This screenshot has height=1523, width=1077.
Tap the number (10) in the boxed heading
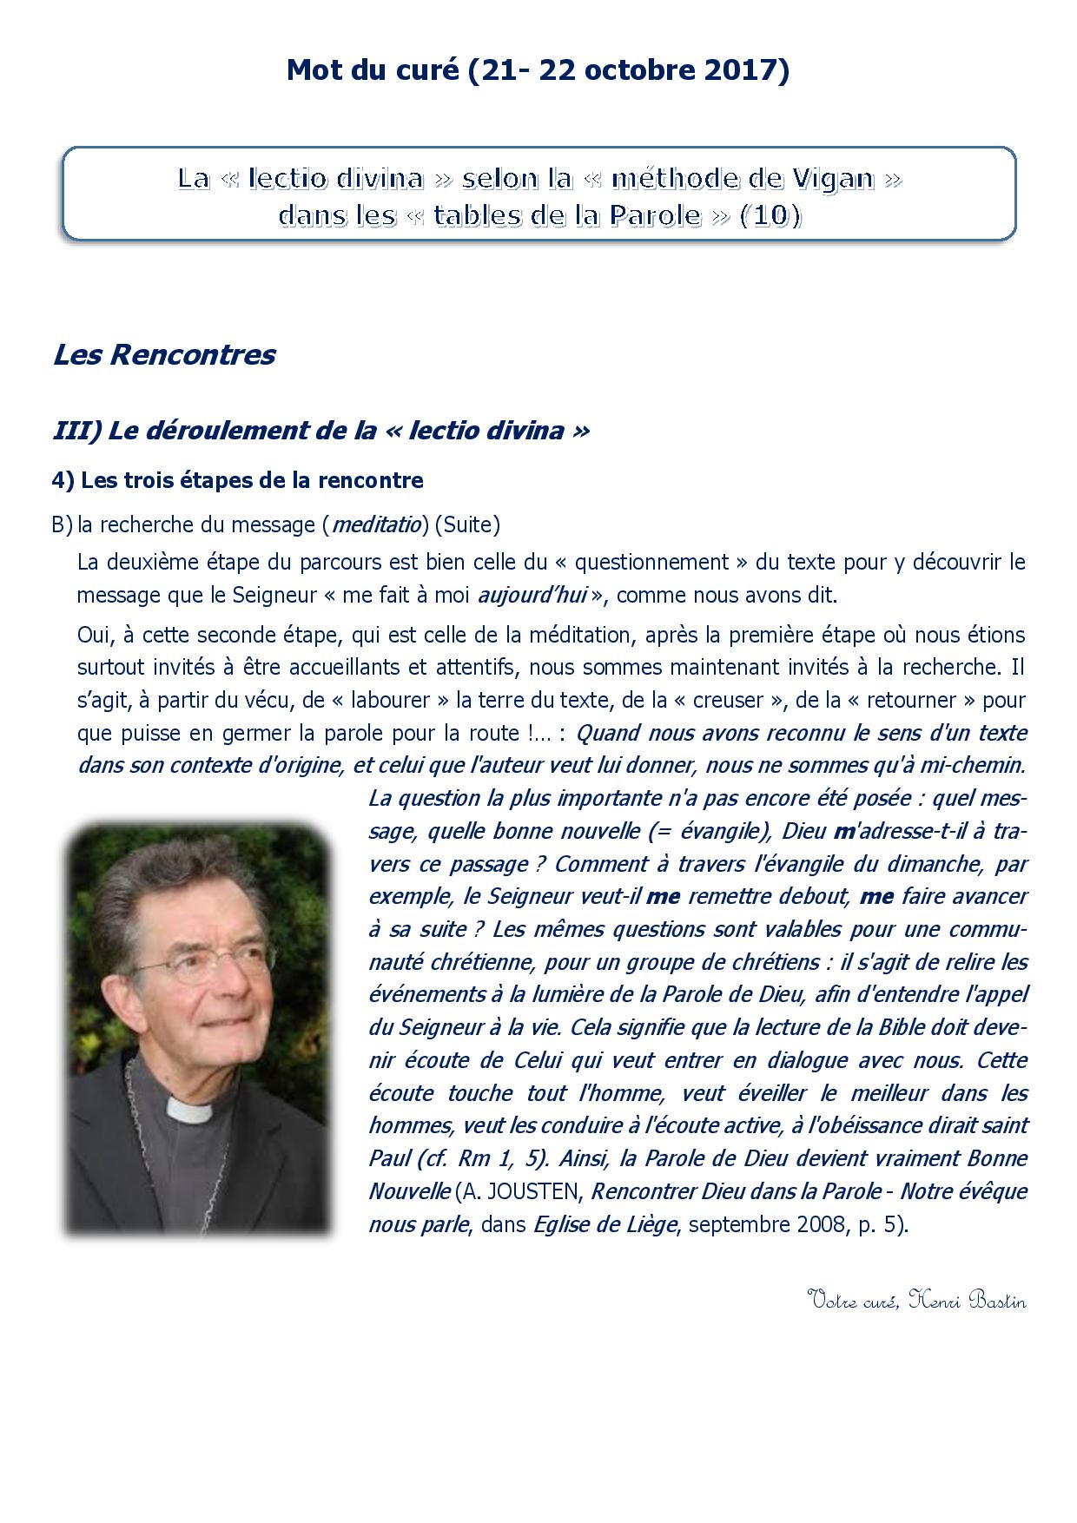click(x=770, y=215)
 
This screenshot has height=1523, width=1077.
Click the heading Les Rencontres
click(x=164, y=355)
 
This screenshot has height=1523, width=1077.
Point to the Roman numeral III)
click(x=77, y=431)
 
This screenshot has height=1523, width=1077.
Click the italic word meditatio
click(x=376, y=524)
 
